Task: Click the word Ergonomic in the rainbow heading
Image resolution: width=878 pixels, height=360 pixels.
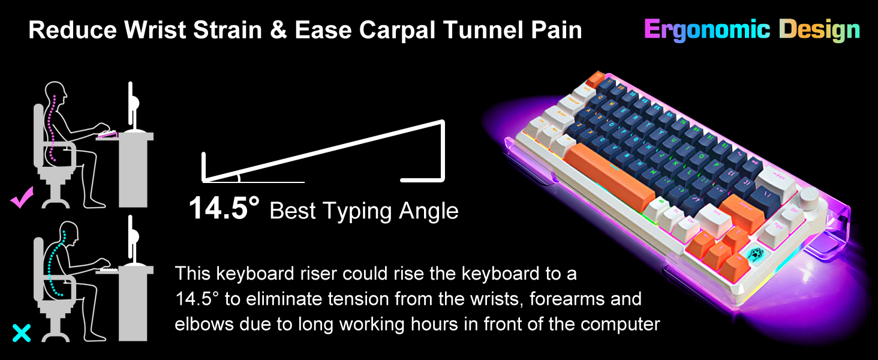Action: pos(707,29)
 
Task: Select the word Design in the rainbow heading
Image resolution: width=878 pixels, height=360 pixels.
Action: pos(819,29)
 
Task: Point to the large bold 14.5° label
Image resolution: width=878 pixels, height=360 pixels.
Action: pos(224,209)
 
